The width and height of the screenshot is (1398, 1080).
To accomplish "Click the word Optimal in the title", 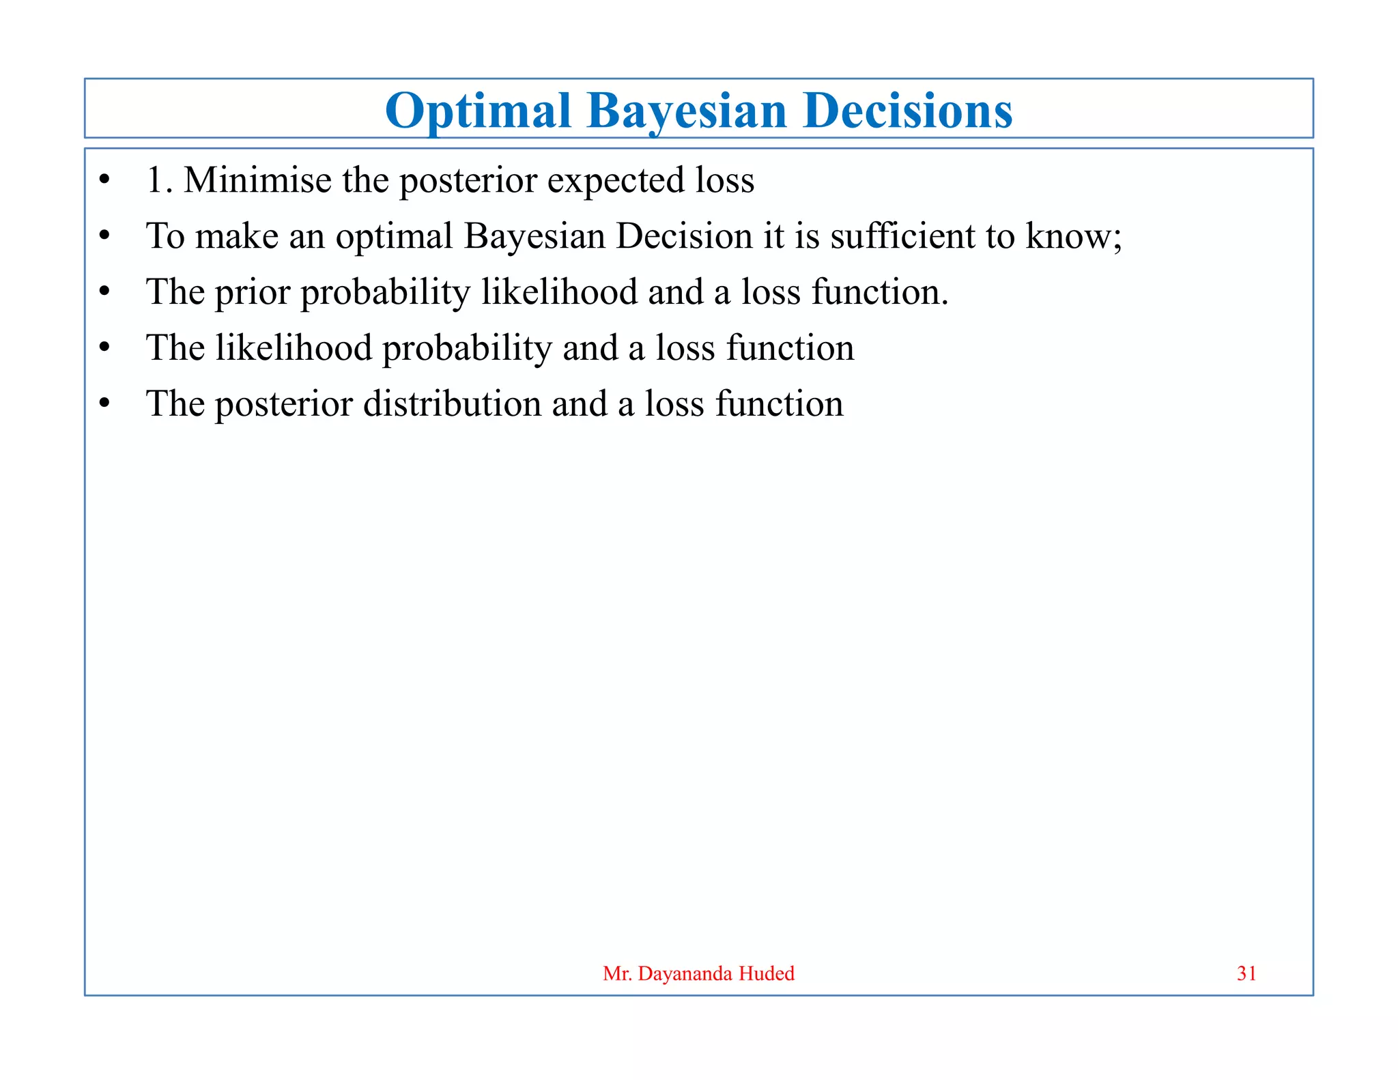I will click(478, 111).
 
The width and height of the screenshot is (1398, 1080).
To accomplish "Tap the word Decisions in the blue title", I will click(908, 111).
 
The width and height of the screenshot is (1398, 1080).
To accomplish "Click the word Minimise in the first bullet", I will click(257, 180).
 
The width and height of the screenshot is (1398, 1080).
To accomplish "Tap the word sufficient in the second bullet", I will click(902, 236).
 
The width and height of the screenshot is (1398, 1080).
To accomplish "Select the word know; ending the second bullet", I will click(1074, 236).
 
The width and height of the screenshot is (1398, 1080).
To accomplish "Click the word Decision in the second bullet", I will click(684, 236).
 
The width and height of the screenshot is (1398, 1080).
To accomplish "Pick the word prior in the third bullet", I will click(253, 294).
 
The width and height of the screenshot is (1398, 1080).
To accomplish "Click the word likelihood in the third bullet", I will click(559, 292).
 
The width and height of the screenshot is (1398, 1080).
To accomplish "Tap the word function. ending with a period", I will click(880, 292).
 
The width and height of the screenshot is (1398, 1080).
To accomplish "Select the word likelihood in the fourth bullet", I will click(294, 348).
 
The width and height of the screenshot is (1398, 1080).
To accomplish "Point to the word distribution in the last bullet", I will click(452, 404).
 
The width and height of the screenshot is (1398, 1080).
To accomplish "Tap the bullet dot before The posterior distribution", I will click(104, 403).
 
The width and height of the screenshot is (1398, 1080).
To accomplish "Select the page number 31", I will click(1246, 974).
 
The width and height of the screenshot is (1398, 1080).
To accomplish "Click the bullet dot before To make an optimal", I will click(104, 236).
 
